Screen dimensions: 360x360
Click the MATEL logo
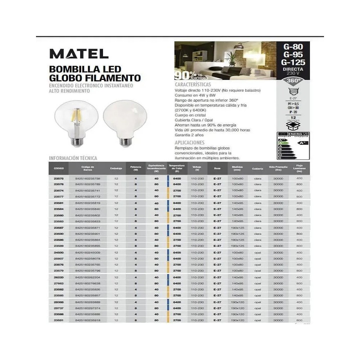click(79, 54)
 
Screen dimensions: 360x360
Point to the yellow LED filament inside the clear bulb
click(76, 116)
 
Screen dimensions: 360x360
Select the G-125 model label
click(293, 62)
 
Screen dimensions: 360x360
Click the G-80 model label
click(293, 46)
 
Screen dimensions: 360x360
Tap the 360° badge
click(293, 81)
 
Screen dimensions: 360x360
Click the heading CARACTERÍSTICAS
click(193, 84)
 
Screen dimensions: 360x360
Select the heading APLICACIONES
click(189, 143)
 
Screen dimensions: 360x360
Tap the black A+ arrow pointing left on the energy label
click(303, 143)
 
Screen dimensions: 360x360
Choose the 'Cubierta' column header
click(257, 168)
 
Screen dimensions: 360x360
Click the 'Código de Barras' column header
click(87, 168)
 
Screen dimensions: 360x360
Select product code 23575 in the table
click(59, 178)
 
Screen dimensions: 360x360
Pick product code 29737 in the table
click(59, 308)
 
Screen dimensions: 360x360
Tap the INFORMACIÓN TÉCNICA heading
click(73, 158)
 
